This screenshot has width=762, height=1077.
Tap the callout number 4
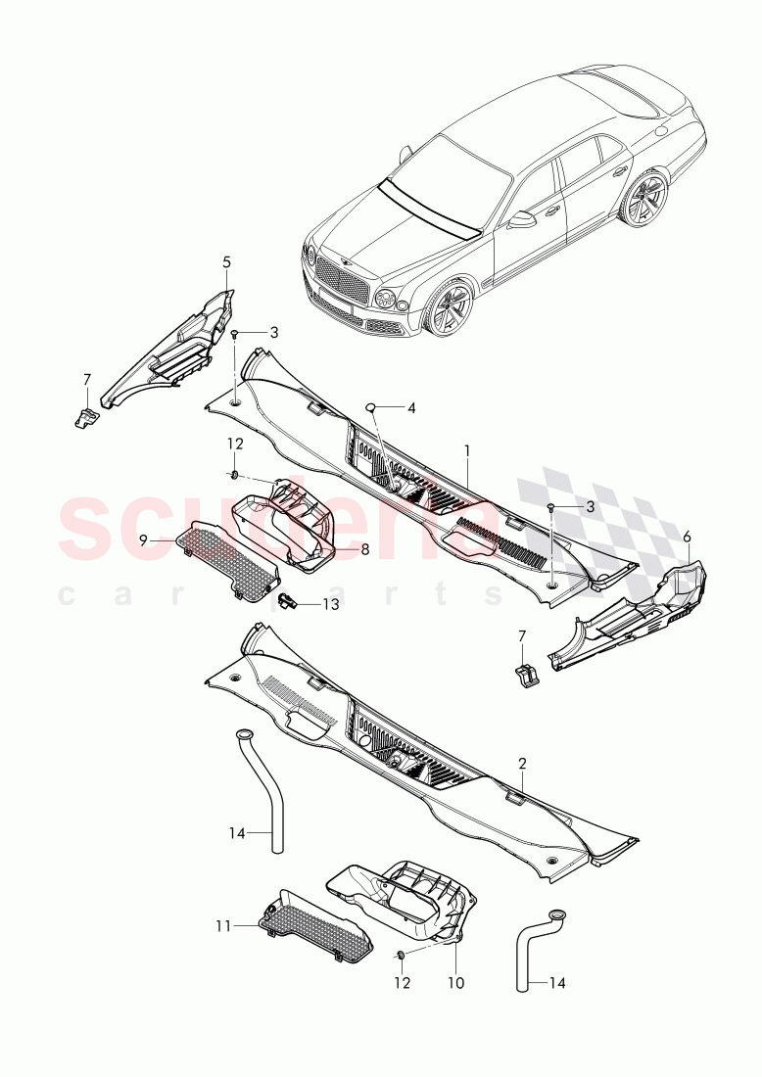point(411,407)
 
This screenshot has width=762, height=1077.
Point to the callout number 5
point(226,262)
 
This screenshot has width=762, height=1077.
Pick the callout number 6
point(687,537)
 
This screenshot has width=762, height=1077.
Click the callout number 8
point(364,550)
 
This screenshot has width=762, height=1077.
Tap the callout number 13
point(331,605)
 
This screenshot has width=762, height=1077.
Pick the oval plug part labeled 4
point(372,407)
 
